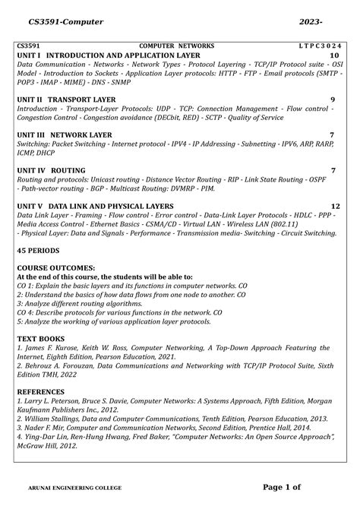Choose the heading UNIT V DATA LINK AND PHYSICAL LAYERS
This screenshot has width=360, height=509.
109,206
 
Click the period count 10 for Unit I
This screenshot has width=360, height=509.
334,56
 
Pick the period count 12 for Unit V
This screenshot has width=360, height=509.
335,206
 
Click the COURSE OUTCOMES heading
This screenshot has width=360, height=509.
56,267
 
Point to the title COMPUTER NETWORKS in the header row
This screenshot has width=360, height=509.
175,46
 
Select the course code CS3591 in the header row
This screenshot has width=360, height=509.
30,46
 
